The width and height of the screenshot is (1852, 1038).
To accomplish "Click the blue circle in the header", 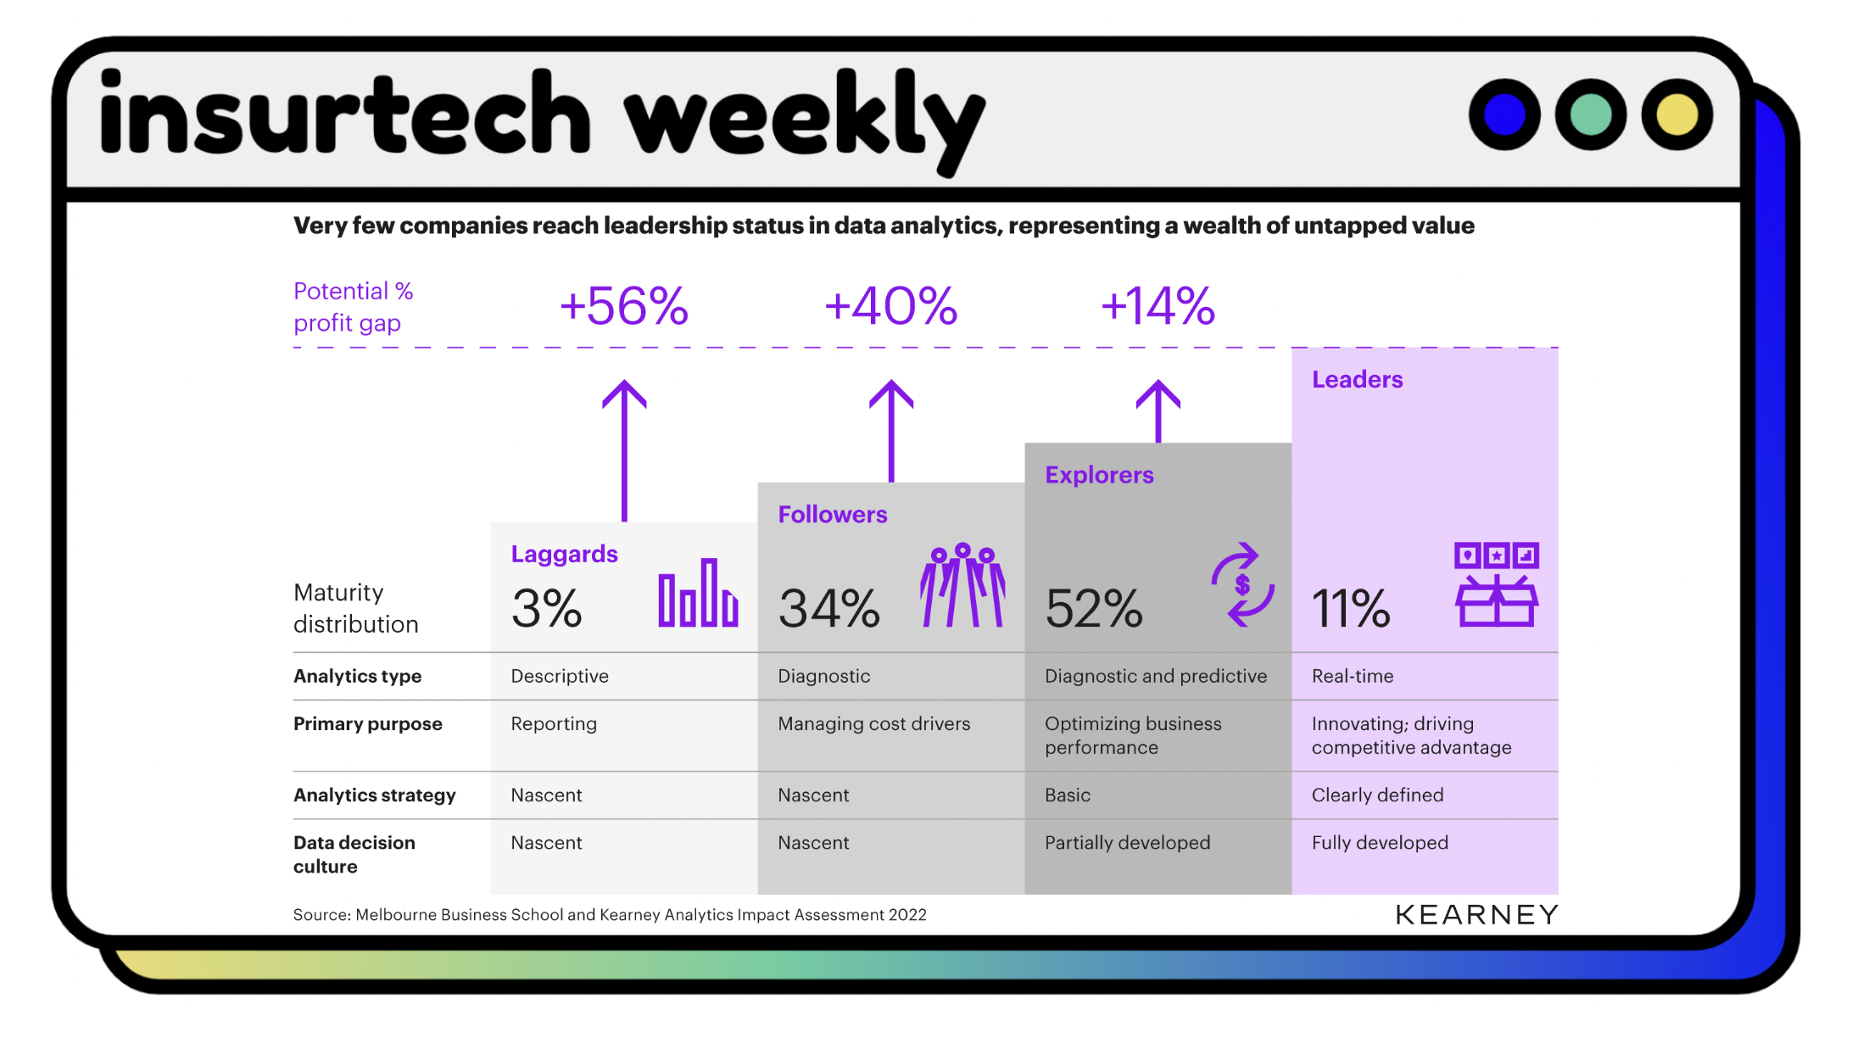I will point(1504,114).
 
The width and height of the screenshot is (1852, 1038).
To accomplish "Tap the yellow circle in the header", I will point(1676,114).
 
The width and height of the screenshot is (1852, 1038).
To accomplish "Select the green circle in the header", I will point(1590,114).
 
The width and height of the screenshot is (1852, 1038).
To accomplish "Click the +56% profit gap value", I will point(624,306).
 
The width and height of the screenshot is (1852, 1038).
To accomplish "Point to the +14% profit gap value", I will point(1157,306).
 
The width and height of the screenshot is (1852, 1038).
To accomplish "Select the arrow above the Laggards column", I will point(624,449).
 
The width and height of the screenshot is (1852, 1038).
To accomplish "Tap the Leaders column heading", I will point(1357,380).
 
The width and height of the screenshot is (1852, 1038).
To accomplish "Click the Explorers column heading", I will point(1099,475).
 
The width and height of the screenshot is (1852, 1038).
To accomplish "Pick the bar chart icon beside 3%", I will point(698,593).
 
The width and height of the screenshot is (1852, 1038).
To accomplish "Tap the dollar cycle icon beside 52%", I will point(1242,585).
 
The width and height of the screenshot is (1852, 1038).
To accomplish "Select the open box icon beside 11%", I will point(1497,585).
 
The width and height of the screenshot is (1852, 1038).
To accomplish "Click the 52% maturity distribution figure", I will point(1094,608).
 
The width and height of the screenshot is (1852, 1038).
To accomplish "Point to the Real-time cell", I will point(1353,676).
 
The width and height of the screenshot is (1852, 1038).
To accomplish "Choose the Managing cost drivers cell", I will point(873,724).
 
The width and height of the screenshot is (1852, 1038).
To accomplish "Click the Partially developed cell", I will point(1127,843).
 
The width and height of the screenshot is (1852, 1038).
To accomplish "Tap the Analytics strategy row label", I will point(374,795).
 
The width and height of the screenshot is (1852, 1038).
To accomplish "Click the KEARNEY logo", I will point(1476,915).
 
